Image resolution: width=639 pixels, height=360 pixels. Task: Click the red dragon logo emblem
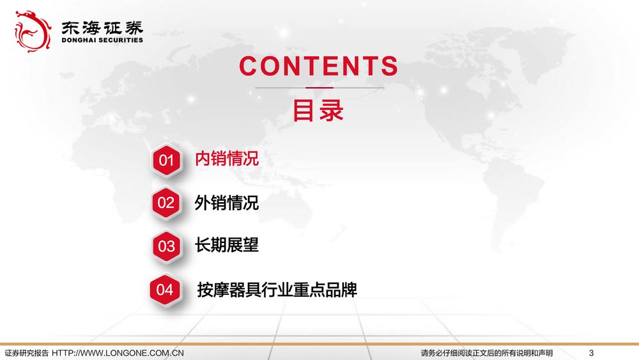point(33,31)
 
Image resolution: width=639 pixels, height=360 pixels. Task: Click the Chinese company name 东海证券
point(102,27)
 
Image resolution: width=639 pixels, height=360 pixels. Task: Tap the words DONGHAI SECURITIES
point(102,40)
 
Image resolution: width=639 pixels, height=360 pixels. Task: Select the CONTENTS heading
point(319,66)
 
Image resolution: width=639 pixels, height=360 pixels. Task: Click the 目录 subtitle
point(318,110)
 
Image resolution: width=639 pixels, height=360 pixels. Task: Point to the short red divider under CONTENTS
point(319,88)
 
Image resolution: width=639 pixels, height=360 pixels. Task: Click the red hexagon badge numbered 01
point(166,160)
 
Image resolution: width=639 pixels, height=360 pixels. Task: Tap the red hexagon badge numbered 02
point(166,203)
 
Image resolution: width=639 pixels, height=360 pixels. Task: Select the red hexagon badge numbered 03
point(166,246)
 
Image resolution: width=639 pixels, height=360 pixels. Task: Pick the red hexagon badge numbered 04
point(165,290)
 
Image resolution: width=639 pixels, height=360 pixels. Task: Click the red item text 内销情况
point(227,159)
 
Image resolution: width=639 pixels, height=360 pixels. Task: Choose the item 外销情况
point(227,203)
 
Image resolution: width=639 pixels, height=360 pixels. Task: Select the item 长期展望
point(227,245)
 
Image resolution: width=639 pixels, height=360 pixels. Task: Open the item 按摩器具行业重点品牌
point(277,290)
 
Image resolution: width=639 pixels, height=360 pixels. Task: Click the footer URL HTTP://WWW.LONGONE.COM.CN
point(118,353)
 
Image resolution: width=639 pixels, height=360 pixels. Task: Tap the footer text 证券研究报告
point(26,353)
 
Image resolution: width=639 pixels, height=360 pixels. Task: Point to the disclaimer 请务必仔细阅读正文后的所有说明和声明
point(487,353)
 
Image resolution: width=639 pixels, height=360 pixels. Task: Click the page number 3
point(591,353)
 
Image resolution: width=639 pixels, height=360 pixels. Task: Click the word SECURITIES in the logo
point(121,40)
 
